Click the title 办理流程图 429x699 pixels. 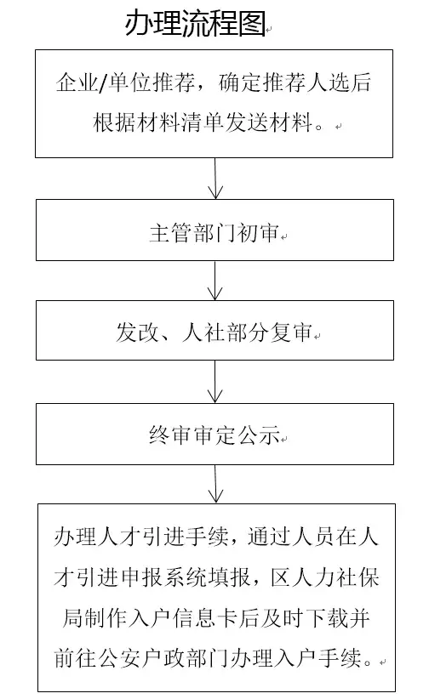tap(196, 23)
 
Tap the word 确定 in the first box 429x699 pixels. tap(240, 82)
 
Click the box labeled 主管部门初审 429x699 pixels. tap(214, 230)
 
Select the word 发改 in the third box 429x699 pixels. tap(137, 332)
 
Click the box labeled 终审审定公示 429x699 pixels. tap(214, 435)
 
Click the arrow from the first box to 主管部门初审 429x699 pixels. tap(215, 179)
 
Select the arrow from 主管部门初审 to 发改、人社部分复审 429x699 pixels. tap(215, 281)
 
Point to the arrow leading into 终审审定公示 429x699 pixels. tap(215, 382)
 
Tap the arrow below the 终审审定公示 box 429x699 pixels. tap(215, 484)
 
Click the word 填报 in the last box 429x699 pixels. tap(229, 577)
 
